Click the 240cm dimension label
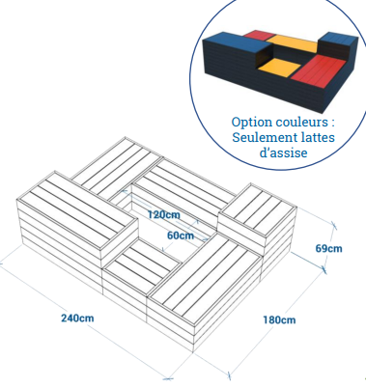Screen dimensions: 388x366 pyautogui.click(x=77, y=318)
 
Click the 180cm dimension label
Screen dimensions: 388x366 pyautogui.click(x=277, y=320)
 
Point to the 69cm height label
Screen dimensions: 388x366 pyautogui.click(x=329, y=248)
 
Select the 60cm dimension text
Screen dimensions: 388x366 pyautogui.click(x=180, y=235)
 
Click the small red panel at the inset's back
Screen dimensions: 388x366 pyautogui.click(x=256, y=36)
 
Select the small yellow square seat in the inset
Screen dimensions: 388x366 pyautogui.click(x=278, y=68)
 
